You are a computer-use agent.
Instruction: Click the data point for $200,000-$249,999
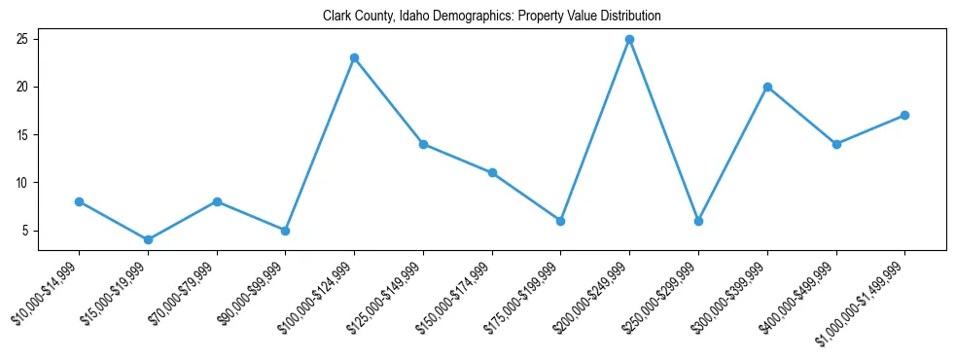click(629, 40)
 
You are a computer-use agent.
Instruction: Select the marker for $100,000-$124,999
click(354, 58)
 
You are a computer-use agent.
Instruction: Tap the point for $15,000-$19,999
click(148, 239)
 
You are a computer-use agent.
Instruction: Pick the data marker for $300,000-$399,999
click(767, 87)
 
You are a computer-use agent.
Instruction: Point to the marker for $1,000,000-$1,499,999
click(904, 115)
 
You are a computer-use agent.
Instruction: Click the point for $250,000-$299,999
click(698, 221)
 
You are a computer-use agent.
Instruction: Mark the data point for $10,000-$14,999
click(79, 201)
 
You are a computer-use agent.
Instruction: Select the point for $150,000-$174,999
click(492, 173)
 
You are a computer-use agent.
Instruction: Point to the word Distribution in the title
click(628, 17)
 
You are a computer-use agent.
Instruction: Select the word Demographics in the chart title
click(472, 17)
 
